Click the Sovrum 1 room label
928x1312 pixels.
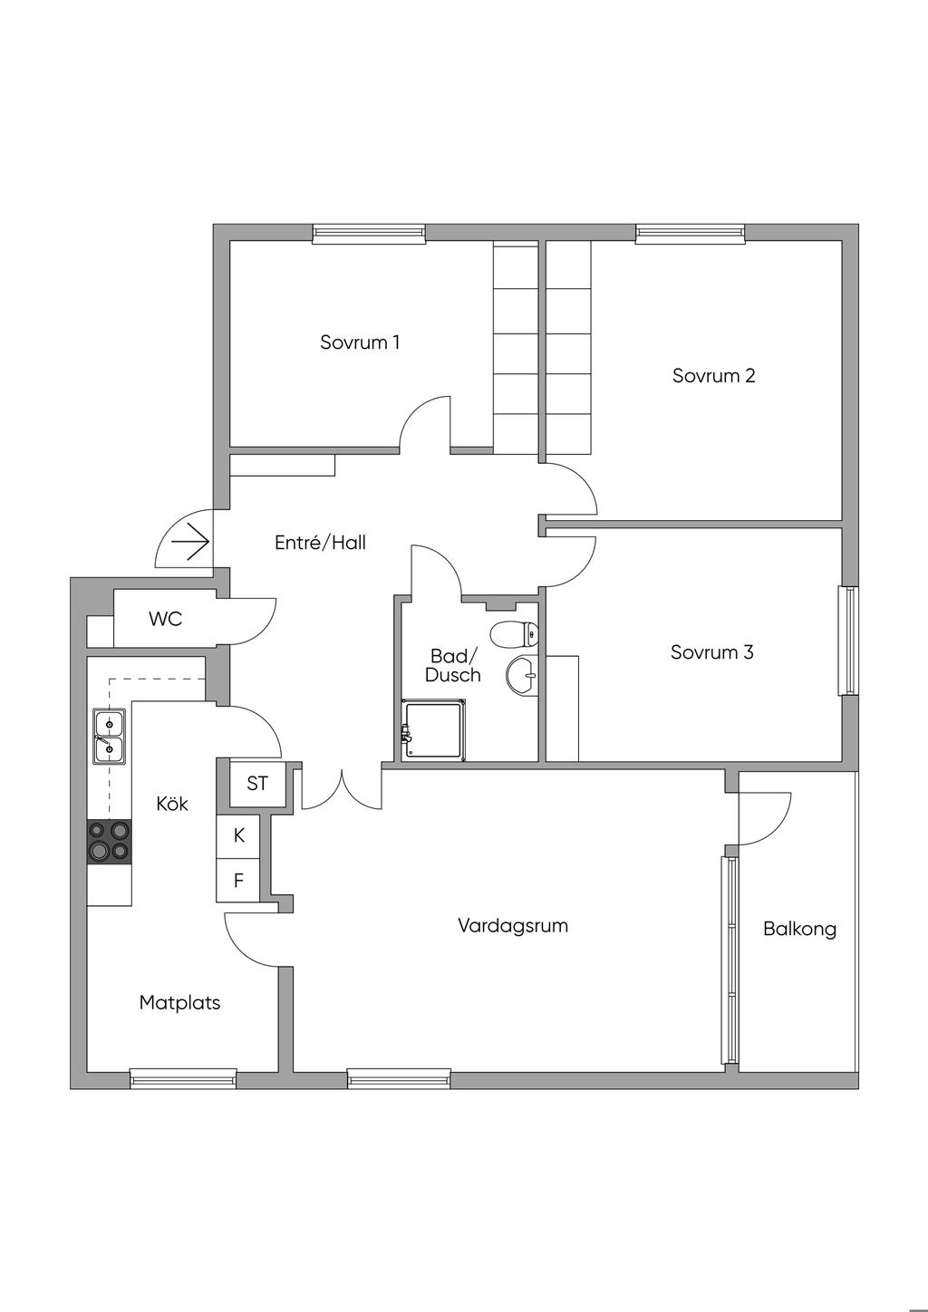pos(360,342)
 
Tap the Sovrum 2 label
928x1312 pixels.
pos(713,375)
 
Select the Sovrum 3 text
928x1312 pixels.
pos(711,652)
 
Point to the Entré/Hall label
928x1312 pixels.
pos(320,543)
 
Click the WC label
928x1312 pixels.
pos(166,619)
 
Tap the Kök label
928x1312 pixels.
pos(172,803)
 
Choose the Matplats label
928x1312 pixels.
pos(179,1003)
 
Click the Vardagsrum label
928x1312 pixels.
pos(513,926)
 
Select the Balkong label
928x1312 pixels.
pos(799,929)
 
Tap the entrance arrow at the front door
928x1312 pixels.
pos(190,543)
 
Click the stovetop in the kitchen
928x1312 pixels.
pos(109,842)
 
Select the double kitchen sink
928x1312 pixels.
pos(109,736)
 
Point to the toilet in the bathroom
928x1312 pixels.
pos(513,632)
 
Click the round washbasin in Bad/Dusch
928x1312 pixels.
pos(523,675)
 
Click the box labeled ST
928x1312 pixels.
pos(257,784)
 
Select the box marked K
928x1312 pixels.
pos(239,835)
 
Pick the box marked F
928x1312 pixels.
pos(239,880)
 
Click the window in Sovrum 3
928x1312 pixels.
pos(848,641)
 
